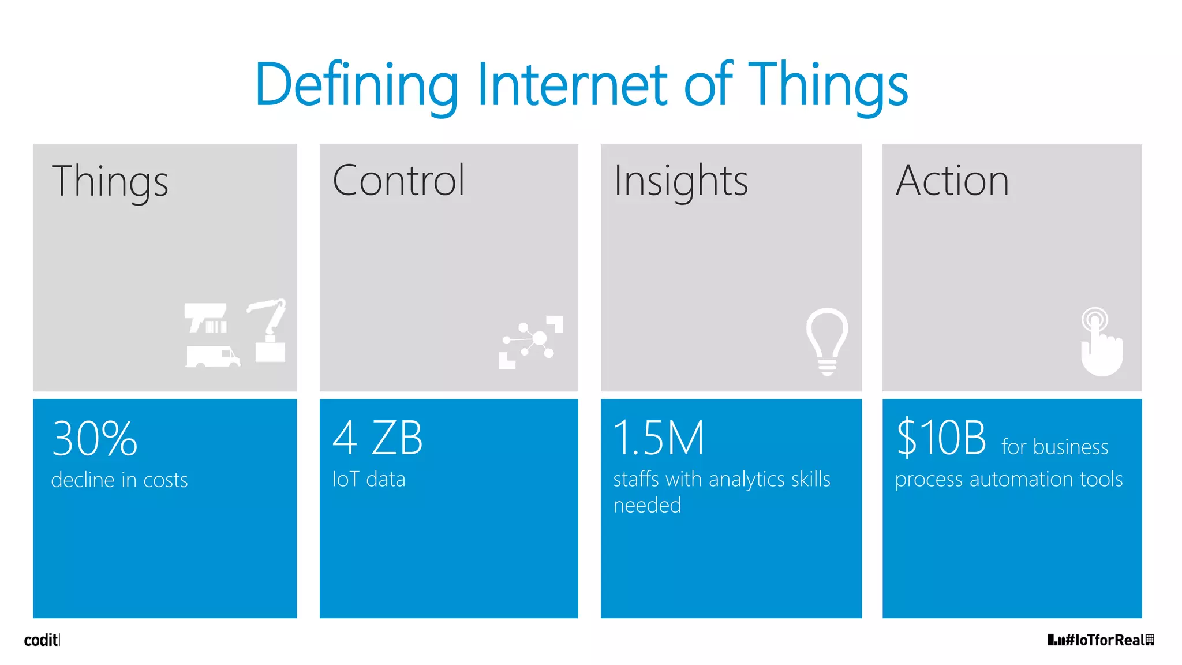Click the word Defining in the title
(356, 85)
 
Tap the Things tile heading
(110, 181)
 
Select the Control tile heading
(398, 181)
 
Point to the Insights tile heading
(680, 181)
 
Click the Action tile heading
(952, 181)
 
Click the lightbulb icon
(827, 341)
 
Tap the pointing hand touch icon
(1101, 342)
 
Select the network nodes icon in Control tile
(530, 342)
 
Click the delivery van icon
(212, 356)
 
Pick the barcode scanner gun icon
(205, 318)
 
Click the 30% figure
(95, 439)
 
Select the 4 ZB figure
(377, 439)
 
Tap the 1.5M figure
(659, 439)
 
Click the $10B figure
(941, 439)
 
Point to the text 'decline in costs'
(119, 480)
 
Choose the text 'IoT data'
(368, 480)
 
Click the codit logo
(41, 640)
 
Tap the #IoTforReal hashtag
(1101, 640)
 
